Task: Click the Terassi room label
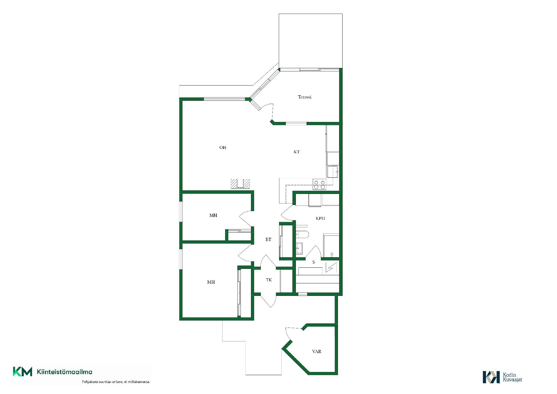tap(305, 97)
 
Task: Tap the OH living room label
tap(223, 147)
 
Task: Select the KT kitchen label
tap(296, 152)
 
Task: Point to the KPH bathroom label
tap(320, 218)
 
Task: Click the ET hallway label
tap(268, 240)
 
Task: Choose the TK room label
tap(269, 280)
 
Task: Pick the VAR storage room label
tap(317, 352)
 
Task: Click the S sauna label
tap(314, 262)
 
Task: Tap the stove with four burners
tap(319, 184)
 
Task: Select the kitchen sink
tap(333, 171)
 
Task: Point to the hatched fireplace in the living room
tap(240, 184)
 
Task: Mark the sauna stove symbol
tap(331, 267)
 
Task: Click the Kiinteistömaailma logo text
tap(64, 372)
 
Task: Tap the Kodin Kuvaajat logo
tap(502, 377)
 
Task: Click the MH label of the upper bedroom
tap(213, 215)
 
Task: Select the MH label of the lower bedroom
tap(211, 282)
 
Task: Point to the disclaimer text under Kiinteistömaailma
tap(116, 382)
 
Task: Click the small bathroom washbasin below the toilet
tap(299, 248)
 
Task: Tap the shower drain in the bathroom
tap(332, 254)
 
